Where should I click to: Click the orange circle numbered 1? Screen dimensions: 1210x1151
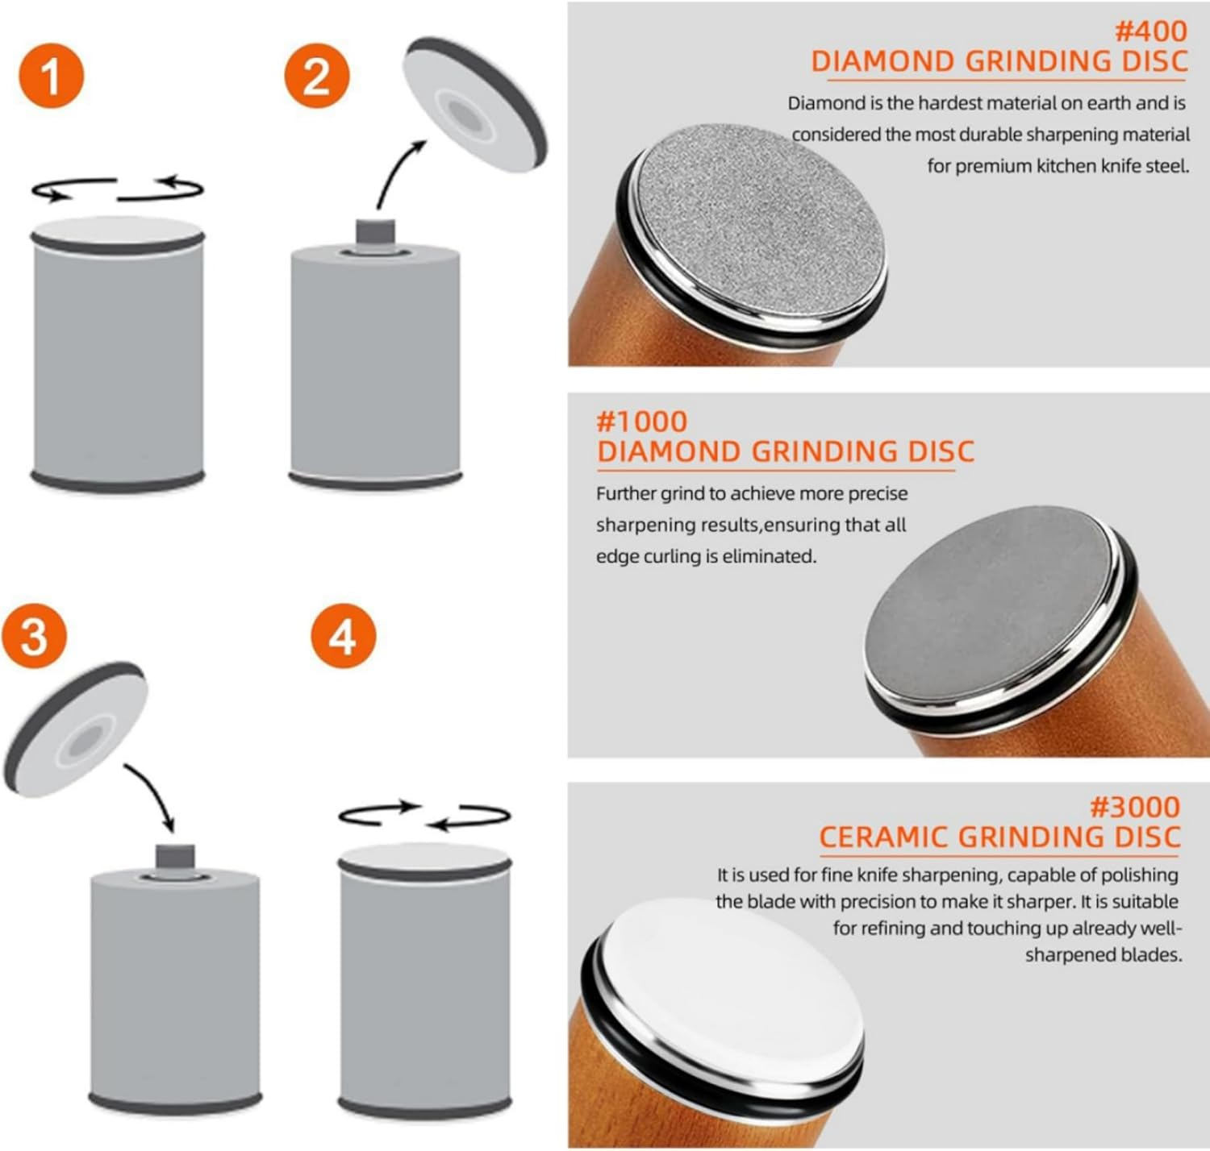click(52, 76)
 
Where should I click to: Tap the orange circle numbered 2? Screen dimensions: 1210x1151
click(317, 76)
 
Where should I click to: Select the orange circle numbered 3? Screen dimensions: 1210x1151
click(34, 635)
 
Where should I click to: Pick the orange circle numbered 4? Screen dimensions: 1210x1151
click(344, 635)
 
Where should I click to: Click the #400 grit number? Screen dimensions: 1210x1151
click(1150, 32)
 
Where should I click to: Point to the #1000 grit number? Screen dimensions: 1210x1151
click(642, 422)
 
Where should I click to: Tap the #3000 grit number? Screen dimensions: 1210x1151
click(1135, 807)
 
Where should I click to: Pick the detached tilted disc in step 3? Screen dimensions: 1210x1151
click(75, 729)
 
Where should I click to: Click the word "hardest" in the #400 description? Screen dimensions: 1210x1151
click(950, 103)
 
